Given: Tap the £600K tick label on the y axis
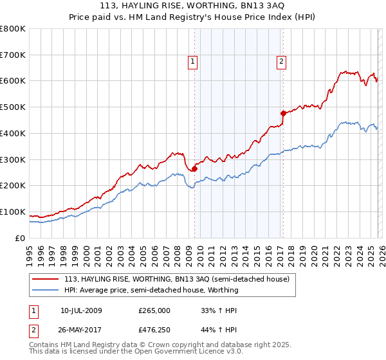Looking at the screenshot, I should [13, 81].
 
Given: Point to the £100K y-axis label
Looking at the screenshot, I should [13, 212].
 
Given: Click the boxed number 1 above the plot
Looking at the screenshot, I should [193, 62].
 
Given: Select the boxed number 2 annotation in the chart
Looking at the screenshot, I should [282, 62].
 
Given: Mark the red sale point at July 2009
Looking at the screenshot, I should [194, 169].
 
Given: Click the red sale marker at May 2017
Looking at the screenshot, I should [283, 113].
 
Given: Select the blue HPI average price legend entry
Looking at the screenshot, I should [151, 290].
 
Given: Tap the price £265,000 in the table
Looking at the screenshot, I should [153, 310].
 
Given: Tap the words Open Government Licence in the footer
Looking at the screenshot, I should [193, 353].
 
